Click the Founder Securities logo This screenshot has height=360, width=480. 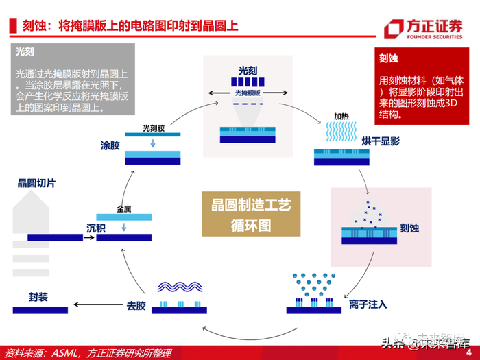(x=423, y=29)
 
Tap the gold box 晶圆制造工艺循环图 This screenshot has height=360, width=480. (x=251, y=214)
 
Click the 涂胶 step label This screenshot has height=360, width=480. (x=110, y=145)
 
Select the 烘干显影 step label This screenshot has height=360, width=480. (x=381, y=141)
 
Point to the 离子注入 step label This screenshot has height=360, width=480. (x=368, y=304)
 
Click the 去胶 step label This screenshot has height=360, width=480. (x=136, y=306)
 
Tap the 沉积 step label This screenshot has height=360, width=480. (x=96, y=228)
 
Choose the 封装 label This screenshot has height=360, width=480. (x=38, y=297)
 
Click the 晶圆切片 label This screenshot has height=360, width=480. (x=36, y=183)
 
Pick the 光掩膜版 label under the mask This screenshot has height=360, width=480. (x=248, y=93)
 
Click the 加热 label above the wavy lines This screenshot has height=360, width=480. (x=341, y=117)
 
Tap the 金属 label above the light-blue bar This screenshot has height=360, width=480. (x=123, y=209)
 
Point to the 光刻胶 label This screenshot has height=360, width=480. (x=154, y=128)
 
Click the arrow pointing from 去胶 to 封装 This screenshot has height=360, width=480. (x=98, y=304)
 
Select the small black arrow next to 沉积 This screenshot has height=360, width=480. (x=89, y=237)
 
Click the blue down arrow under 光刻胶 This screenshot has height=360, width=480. (x=153, y=143)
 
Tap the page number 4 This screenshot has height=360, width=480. (x=468, y=352)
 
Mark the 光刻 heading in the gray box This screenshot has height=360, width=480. (x=25, y=51)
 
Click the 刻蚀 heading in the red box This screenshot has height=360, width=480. (x=389, y=58)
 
